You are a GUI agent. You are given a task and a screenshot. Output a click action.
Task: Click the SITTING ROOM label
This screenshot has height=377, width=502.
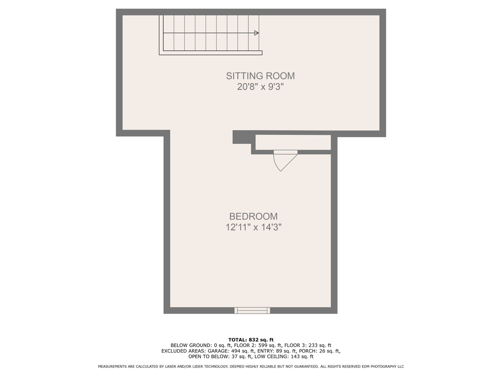(260, 76)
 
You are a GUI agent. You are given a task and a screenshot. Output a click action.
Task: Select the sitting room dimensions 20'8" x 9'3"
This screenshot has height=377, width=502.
(260, 87)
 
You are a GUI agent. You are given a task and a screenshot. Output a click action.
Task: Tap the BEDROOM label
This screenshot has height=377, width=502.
(253, 216)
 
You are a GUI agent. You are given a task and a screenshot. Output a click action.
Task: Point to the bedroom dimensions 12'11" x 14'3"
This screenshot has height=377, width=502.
(253, 228)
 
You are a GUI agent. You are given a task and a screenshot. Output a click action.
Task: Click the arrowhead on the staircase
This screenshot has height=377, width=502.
(256, 33)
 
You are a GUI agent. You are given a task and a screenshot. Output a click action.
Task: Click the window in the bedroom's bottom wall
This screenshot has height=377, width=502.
(252, 310)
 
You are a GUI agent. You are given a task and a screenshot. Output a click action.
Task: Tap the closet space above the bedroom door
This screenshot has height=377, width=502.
(293, 142)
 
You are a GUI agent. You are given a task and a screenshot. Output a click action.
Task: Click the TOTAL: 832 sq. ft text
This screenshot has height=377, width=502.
(251, 340)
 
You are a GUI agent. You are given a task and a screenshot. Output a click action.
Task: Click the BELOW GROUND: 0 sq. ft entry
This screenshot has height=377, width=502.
(200, 345)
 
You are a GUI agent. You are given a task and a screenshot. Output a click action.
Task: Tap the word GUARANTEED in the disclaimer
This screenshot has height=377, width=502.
(307, 367)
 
